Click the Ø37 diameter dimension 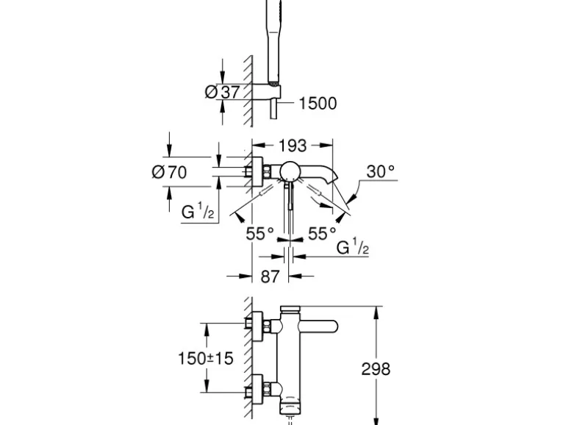223,93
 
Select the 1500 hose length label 318,103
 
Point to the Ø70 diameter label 169,173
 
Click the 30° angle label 381,171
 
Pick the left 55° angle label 259,234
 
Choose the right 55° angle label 322,234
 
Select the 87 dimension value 271,276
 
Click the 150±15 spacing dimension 205,359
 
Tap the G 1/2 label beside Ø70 198,213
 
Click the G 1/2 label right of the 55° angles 353,249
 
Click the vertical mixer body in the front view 289,360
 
